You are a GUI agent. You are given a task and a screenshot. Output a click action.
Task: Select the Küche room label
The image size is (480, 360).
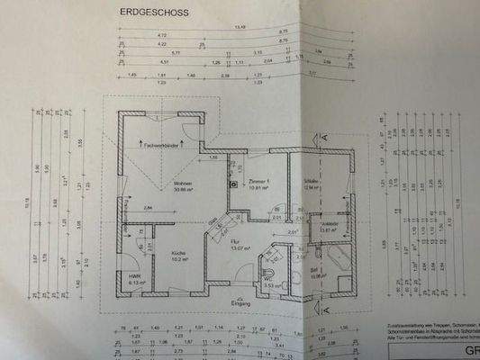pyautogui.click(x=179, y=254)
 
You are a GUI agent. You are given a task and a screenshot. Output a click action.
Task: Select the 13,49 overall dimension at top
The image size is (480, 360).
pyautogui.click(x=239, y=27)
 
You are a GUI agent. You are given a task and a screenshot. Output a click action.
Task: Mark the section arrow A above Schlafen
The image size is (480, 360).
pyautogui.click(x=318, y=138)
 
